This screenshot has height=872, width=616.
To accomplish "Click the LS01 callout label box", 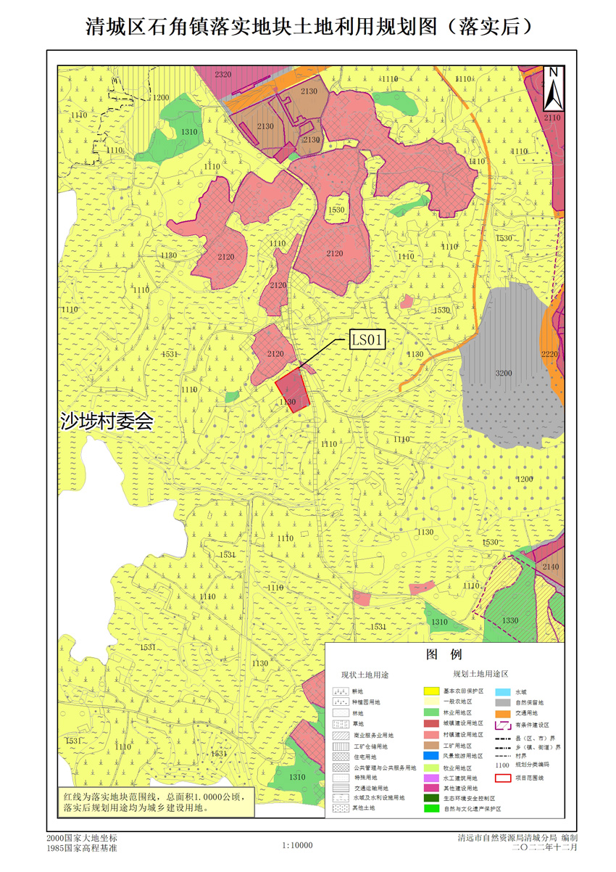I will coord(368,339).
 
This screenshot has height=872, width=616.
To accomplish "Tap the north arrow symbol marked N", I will coord(552,86).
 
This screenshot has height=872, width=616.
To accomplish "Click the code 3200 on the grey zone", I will coord(504,373).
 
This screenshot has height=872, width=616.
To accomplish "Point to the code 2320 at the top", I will coord(223,75).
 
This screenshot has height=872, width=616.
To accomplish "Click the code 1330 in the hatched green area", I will coord(509,620).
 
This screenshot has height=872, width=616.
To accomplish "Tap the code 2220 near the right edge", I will coord(549,353).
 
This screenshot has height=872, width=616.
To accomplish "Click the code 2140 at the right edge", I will coord(551,567).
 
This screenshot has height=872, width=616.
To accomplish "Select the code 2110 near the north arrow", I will coord(552,117).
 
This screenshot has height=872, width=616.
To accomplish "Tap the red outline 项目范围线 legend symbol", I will coord(504,778).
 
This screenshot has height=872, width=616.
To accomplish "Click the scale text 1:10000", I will coord(297,845).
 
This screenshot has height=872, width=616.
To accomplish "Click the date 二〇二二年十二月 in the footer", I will coord(545,847).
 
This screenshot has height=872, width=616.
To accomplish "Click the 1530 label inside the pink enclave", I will coord(336,210).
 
